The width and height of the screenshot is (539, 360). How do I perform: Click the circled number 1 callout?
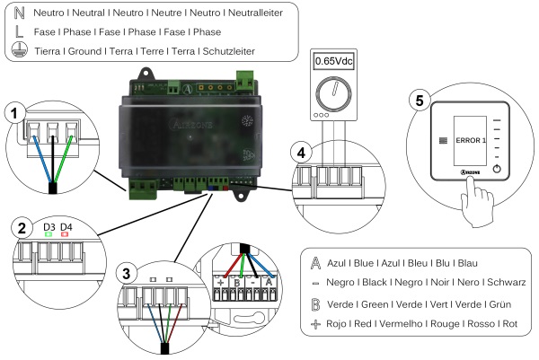[x=13, y=112]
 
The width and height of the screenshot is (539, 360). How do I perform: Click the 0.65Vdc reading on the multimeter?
[x=333, y=64]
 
